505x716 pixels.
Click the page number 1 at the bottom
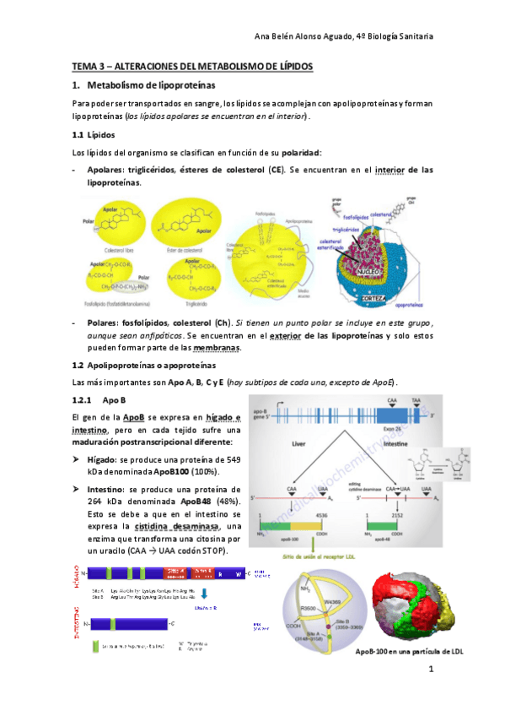[430, 670]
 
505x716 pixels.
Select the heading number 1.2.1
[83, 398]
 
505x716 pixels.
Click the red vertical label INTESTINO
[78, 626]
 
